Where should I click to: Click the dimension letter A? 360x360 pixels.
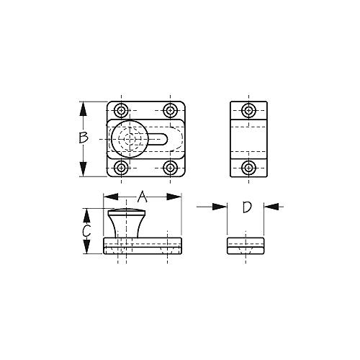[x=142, y=196]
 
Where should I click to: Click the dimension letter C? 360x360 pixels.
[x=86, y=231]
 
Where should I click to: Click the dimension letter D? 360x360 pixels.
[x=246, y=208]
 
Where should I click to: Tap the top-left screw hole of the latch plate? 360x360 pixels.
[x=120, y=111]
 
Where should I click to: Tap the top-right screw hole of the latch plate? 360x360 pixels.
[x=170, y=111]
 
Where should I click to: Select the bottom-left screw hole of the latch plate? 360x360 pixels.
[x=120, y=168]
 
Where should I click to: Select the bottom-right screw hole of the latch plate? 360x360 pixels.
[x=170, y=168]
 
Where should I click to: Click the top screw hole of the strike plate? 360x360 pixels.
[x=248, y=111]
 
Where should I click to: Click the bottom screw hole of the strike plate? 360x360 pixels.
[x=248, y=168]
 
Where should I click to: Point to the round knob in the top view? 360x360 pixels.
[x=129, y=139]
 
